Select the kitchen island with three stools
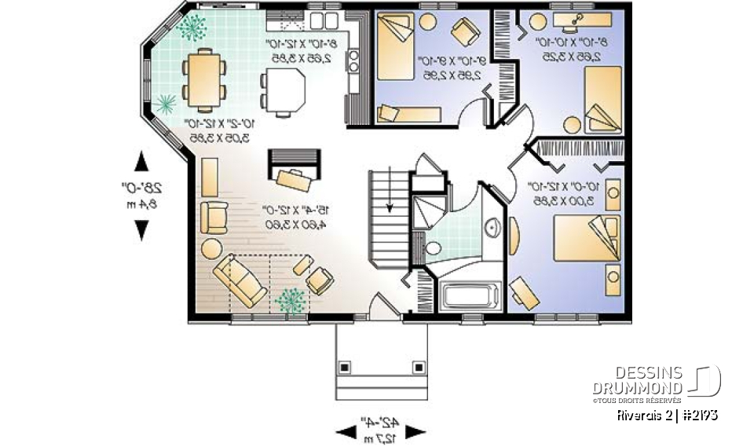point(284,87)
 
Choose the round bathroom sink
point(493,229)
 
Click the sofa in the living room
point(241,280)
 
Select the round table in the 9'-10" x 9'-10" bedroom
point(427,21)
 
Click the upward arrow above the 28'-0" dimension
point(141,161)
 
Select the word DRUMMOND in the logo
point(637,389)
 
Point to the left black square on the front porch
point(345,365)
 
